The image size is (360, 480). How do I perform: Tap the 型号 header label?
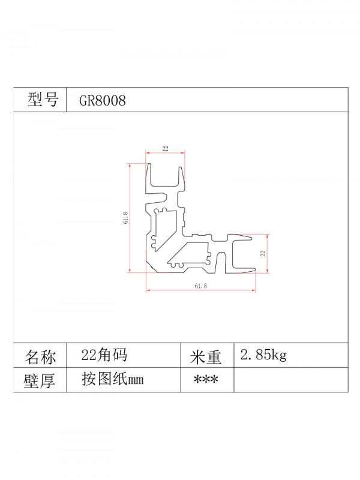(x=43, y=101)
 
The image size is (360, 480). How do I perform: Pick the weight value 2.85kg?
(x=263, y=355)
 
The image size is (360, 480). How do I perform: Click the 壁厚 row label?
(x=40, y=380)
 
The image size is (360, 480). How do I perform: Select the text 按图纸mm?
(x=112, y=380)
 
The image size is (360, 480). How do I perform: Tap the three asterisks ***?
(x=206, y=380)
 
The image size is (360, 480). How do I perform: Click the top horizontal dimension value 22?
(x=165, y=148)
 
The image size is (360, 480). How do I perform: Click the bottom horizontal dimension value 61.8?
(x=200, y=287)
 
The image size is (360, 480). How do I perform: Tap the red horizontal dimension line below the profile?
(x=200, y=292)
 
